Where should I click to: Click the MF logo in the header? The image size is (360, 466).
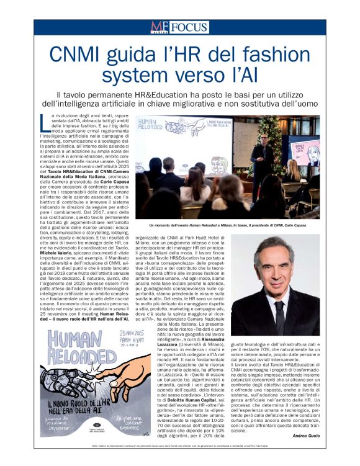pos(159,27)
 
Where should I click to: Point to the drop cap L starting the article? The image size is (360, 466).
pos(43,119)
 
